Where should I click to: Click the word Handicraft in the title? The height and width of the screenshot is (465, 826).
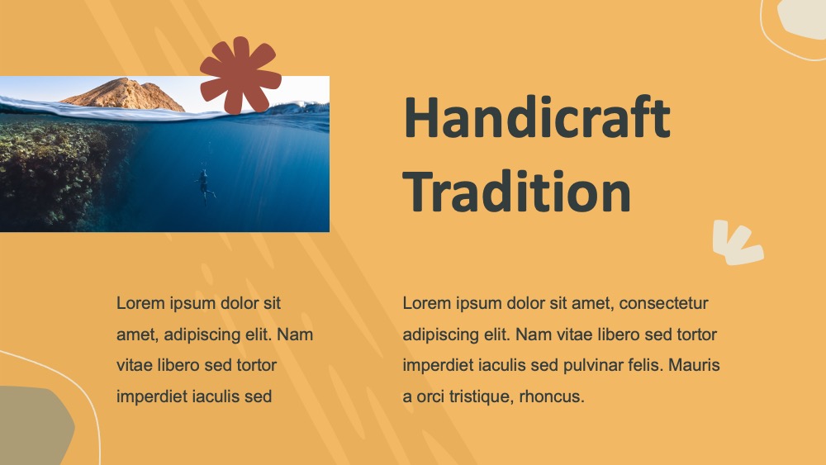tap(537, 117)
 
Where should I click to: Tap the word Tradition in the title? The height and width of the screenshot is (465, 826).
tap(517, 191)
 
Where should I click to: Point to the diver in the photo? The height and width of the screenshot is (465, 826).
tap(204, 187)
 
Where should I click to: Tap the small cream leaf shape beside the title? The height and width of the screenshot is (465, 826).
tap(737, 243)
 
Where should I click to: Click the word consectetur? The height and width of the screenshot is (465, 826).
tap(663, 303)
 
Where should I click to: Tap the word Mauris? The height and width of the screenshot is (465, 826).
tap(694, 365)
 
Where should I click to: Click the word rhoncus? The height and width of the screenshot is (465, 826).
tap(552, 396)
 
